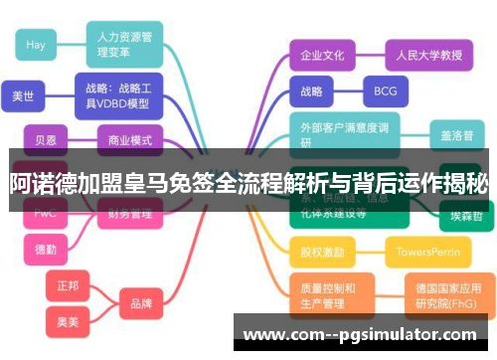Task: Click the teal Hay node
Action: point(37,45)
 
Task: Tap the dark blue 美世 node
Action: point(23,96)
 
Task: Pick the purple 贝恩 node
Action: point(46,140)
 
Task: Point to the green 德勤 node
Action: point(46,249)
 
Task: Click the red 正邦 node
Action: point(68,285)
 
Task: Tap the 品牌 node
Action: point(141,303)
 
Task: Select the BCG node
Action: point(385,92)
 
